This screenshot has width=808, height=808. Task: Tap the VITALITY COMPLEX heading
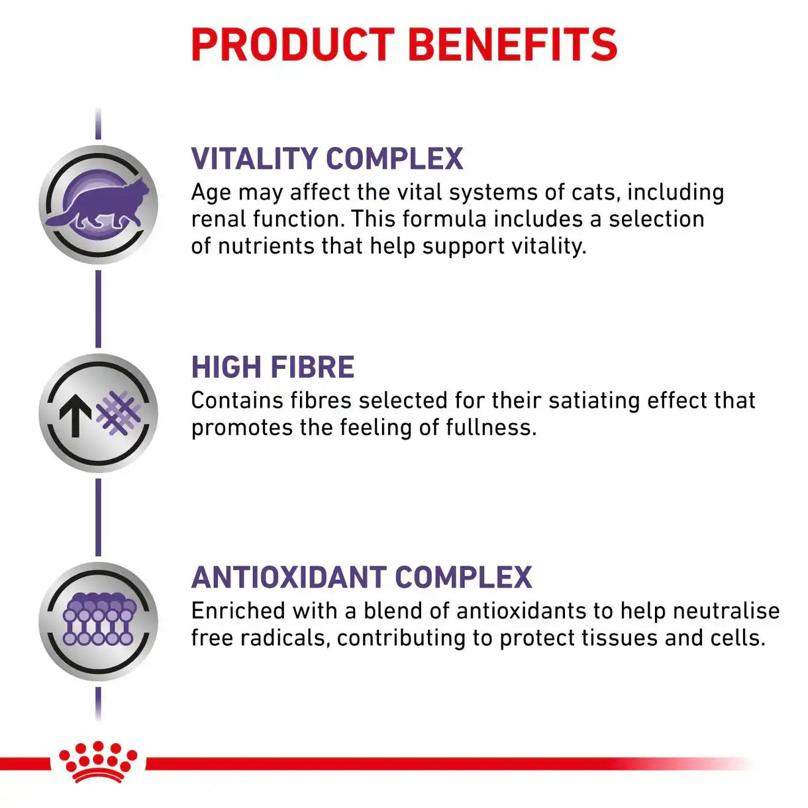pyautogui.click(x=327, y=159)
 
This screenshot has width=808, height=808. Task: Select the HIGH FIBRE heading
pyautogui.click(x=273, y=368)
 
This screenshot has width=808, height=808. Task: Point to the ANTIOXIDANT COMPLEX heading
pyautogui.click(x=362, y=578)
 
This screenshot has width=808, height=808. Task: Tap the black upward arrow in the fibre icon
pyautogui.click(x=76, y=415)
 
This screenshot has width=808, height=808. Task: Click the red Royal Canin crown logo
pyautogui.click(x=97, y=762)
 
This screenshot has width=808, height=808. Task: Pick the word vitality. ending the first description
pyautogui.click(x=549, y=246)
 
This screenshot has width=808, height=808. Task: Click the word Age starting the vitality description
pyautogui.click(x=211, y=193)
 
